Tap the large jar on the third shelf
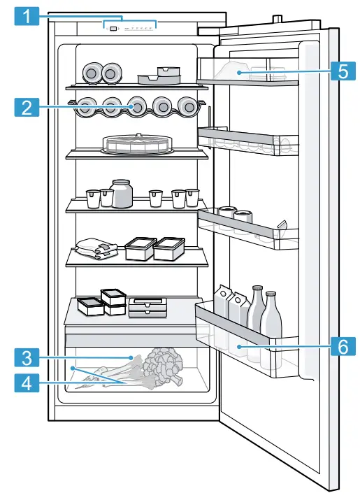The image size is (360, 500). (122, 194)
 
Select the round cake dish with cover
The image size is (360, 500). (138, 144)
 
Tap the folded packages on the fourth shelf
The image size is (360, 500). (96, 248)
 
